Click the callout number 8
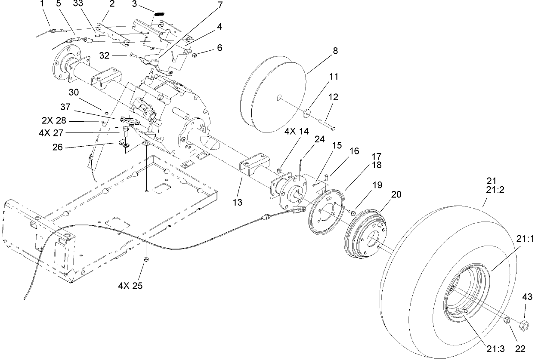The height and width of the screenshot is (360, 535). pos(335,50)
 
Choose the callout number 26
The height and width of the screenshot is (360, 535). pos(57,147)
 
